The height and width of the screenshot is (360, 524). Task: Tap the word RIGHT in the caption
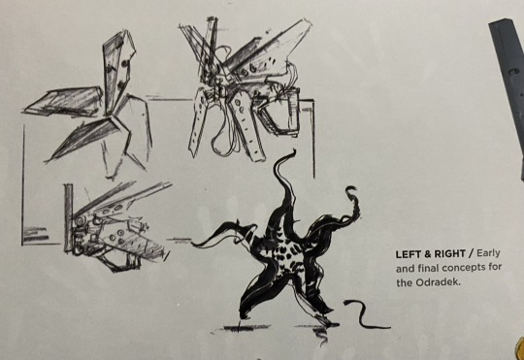coord(449,254)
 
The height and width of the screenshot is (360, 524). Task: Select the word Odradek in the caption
coord(438,282)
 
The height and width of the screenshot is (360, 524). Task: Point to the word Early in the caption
coord(488,253)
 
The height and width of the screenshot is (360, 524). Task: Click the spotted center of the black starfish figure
coord(287,256)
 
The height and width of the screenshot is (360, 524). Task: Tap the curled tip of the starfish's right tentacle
coord(350,189)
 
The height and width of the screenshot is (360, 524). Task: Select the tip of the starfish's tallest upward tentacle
coord(293,151)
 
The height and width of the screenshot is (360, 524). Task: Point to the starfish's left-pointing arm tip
coord(194,245)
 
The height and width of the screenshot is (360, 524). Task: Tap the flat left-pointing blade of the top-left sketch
coord(63,101)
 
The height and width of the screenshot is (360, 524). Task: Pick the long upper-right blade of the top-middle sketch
coord(268,50)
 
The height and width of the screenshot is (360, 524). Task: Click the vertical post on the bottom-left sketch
coord(69,217)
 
